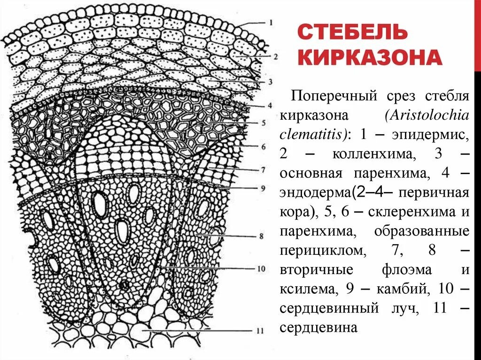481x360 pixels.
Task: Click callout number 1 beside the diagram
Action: pyautogui.click(x=271, y=23)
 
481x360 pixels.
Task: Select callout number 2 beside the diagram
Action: pyautogui.click(x=275, y=56)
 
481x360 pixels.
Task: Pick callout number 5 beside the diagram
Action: pyautogui.click(x=264, y=123)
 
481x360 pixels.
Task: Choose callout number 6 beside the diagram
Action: pyautogui.click(x=264, y=146)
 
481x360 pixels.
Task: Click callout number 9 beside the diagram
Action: pyautogui.click(x=263, y=188)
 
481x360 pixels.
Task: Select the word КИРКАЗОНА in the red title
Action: pyautogui.click(x=370, y=58)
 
